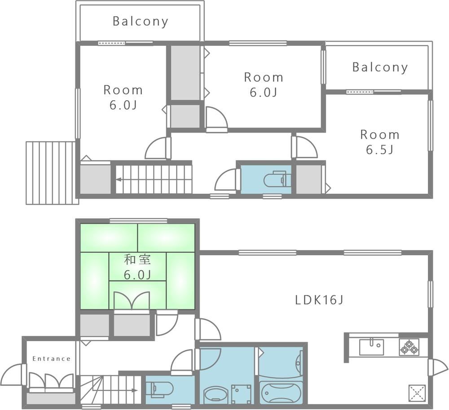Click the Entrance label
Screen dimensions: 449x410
point(52,359)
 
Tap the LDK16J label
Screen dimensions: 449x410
point(319,300)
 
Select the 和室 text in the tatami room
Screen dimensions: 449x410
point(137,260)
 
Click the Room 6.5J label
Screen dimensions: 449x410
point(380,142)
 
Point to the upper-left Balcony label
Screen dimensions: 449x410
point(140,22)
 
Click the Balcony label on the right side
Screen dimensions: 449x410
point(380,67)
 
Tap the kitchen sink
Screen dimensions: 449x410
point(371,347)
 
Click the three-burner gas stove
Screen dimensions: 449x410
point(409,347)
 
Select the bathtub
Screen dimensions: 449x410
point(281,391)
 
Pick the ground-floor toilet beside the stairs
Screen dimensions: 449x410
point(160,389)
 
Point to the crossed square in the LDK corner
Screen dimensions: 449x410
point(417,393)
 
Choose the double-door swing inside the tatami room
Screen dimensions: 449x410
point(132,300)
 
